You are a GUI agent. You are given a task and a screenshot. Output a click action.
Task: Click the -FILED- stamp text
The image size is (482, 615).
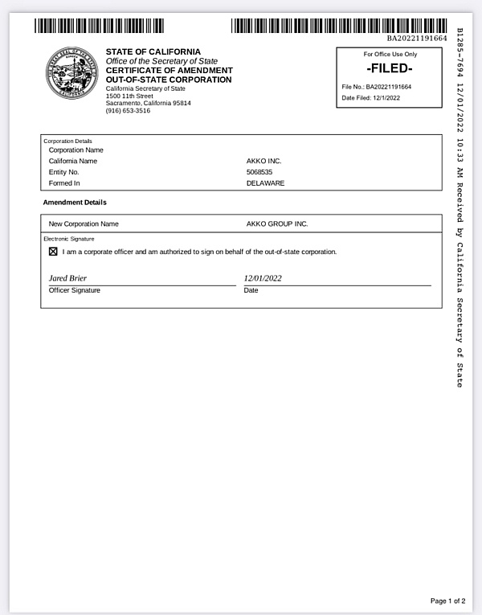click(389, 68)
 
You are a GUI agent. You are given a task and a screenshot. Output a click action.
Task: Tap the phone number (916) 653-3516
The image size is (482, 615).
click(128, 111)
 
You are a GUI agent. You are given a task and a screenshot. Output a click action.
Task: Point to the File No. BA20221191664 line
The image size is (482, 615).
click(376, 86)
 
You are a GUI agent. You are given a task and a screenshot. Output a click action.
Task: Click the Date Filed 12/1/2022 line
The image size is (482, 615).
click(370, 98)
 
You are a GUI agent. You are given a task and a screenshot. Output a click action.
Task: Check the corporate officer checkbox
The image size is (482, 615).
click(53, 252)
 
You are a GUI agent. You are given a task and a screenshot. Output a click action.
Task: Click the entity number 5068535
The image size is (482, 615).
click(259, 172)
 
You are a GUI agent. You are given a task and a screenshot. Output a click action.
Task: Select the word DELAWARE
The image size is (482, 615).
click(265, 183)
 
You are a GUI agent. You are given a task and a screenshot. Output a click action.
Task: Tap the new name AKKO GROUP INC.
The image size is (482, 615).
click(277, 223)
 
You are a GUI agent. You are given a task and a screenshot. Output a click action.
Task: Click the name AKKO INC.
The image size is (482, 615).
click(263, 161)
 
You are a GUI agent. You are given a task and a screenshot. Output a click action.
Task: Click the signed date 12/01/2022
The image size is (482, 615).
click(263, 278)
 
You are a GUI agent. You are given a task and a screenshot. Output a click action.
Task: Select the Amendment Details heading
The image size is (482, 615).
click(75, 203)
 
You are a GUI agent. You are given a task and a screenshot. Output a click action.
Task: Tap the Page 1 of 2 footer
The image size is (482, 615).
click(447, 601)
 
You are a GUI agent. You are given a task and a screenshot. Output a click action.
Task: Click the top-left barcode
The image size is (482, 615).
click(99, 26)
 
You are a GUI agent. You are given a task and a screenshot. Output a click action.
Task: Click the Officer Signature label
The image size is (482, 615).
click(75, 290)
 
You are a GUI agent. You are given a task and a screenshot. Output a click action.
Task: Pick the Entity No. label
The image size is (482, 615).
click(64, 172)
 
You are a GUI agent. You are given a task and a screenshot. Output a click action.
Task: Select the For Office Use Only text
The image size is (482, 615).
click(390, 54)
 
